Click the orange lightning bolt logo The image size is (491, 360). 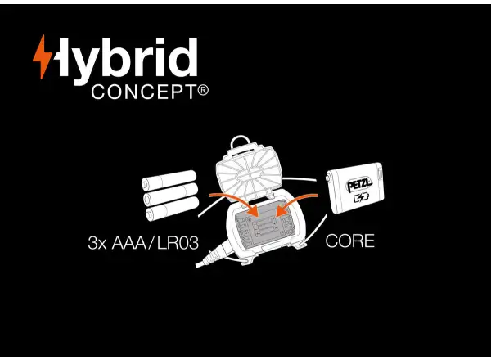[x=43, y=56]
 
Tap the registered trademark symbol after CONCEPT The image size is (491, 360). [x=203, y=90]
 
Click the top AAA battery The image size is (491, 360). [x=169, y=180]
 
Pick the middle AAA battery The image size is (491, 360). [x=171, y=194]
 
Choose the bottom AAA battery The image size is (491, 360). [x=172, y=209]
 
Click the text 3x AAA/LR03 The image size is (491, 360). [x=143, y=243]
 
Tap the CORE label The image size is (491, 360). [x=349, y=241]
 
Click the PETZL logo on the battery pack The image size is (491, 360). [x=359, y=185]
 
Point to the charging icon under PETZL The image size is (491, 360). [x=362, y=198]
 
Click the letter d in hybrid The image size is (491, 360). [x=182, y=57]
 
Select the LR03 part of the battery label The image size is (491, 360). [x=178, y=243]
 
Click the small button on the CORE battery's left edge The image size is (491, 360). [x=328, y=178]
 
